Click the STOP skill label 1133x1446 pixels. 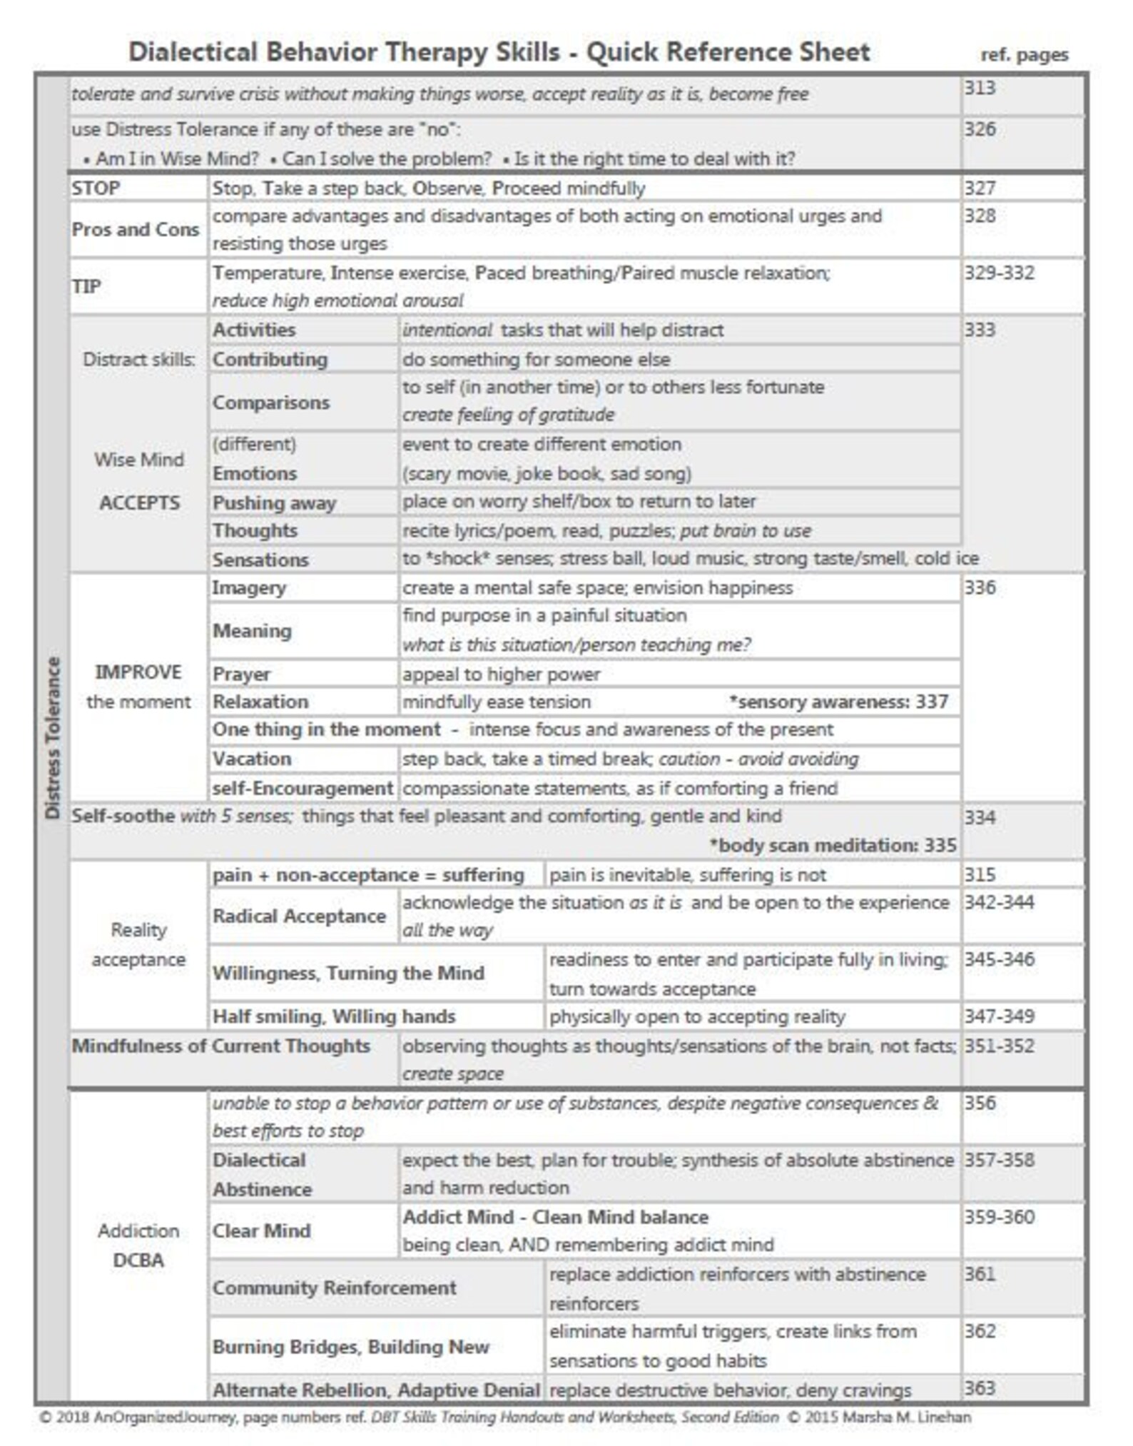(96, 188)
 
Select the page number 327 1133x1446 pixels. (980, 188)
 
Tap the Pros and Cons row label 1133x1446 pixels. (135, 230)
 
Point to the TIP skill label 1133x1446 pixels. (86, 286)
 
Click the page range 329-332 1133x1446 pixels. (999, 273)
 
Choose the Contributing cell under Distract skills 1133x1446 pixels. (270, 360)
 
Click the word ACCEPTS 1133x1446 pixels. (139, 503)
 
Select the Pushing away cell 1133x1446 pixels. (274, 503)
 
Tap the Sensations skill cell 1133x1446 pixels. (260, 560)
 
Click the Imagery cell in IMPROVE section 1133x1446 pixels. (249, 588)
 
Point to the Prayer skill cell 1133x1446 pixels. (241, 674)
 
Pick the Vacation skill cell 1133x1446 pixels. (252, 759)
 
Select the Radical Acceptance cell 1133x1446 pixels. (299, 916)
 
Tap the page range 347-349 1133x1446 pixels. (999, 1016)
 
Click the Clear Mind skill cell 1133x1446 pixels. (261, 1231)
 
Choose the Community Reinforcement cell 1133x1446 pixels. (334, 1288)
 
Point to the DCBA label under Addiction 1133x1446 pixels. (138, 1260)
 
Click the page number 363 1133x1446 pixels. (980, 1388)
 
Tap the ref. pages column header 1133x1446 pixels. (1024, 55)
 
